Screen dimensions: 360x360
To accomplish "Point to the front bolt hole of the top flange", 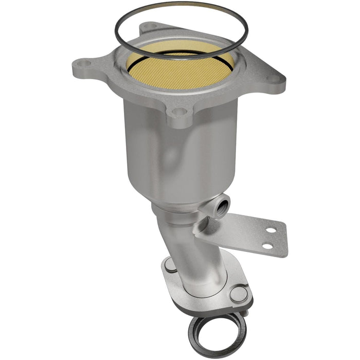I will click(x=177, y=111).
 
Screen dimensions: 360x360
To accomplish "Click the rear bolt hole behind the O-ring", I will click(x=150, y=25).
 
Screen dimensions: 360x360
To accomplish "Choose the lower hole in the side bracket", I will click(x=267, y=246).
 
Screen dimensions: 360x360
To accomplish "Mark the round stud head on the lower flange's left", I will click(x=170, y=265).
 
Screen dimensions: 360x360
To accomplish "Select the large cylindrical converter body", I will click(x=180, y=149).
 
